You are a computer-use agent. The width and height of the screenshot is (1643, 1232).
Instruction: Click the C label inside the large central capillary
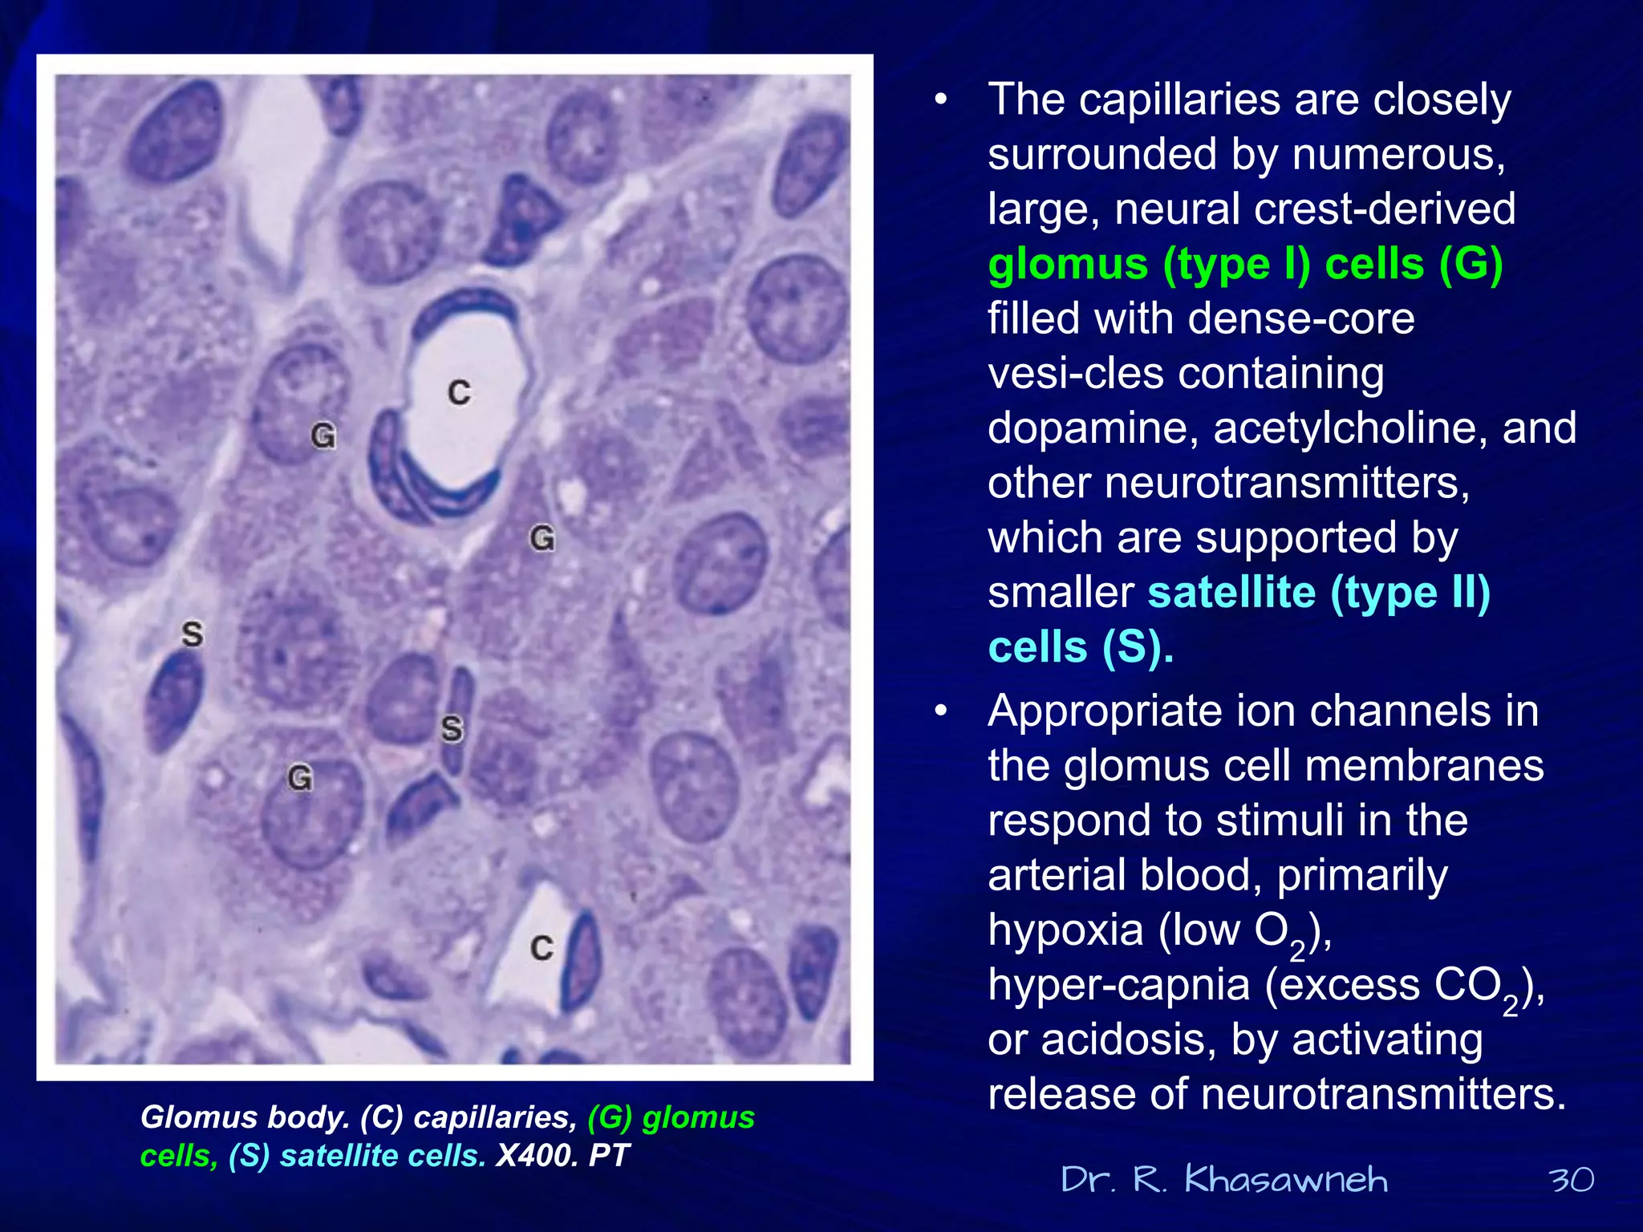459,392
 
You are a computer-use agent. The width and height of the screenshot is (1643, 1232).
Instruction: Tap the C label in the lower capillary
542,948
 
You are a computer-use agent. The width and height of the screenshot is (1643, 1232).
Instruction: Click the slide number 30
1571,1180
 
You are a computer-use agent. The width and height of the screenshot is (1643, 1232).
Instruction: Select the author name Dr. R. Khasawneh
1224,1180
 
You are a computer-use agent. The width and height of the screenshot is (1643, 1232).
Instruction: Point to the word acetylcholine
1350,428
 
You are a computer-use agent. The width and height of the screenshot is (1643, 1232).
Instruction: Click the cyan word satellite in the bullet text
1231,593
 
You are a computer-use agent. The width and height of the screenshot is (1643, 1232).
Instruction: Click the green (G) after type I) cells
1470,265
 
